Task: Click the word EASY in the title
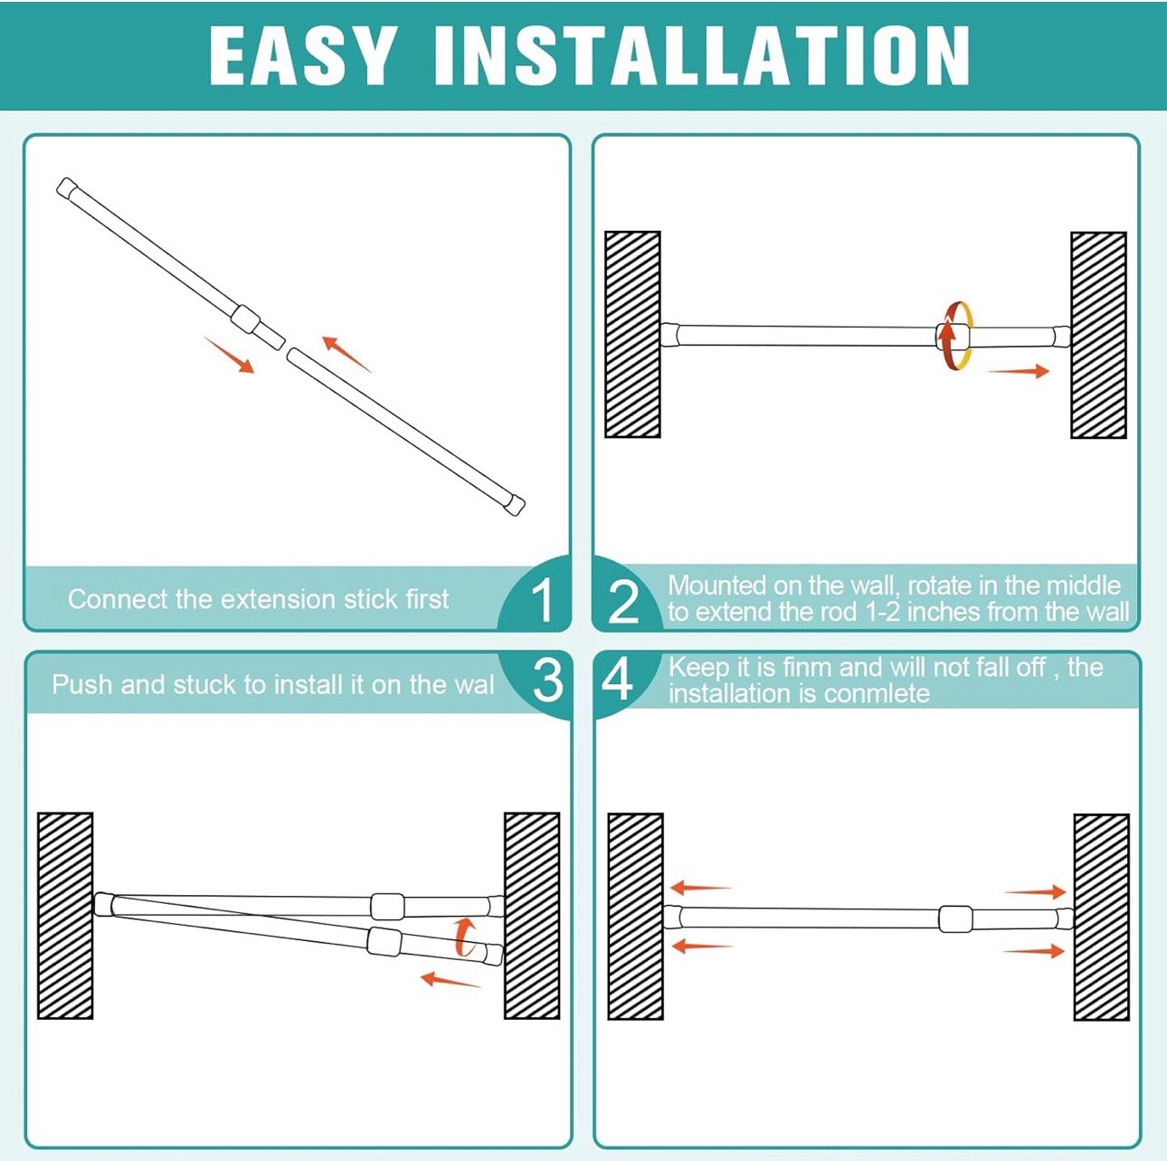pyautogui.click(x=303, y=56)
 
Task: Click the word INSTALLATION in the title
pyautogui.click(x=701, y=56)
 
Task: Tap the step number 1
pyautogui.click(x=542, y=600)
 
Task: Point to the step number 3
pyautogui.click(x=547, y=680)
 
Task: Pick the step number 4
pyautogui.click(x=617, y=680)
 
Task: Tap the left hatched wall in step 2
pyautogui.click(x=632, y=335)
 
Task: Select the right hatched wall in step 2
pyautogui.click(x=1098, y=335)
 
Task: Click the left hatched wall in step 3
pyautogui.click(x=65, y=916)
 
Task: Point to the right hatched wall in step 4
pyautogui.click(x=1101, y=918)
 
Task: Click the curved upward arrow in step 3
pyautogui.click(x=465, y=937)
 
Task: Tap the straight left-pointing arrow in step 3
pyautogui.click(x=450, y=980)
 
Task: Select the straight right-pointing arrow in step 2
pyautogui.click(x=1018, y=371)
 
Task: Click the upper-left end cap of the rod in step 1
pyautogui.click(x=68, y=189)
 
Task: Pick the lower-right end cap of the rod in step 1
pyautogui.click(x=515, y=504)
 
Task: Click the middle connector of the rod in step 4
pyautogui.click(x=955, y=918)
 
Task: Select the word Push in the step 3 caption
pyautogui.click(x=82, y=684)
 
